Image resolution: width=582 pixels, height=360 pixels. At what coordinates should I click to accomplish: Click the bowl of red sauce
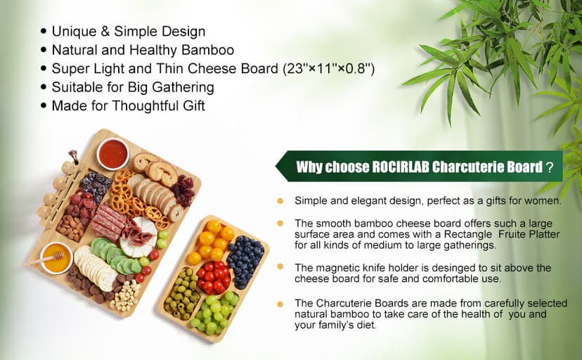point(113,153)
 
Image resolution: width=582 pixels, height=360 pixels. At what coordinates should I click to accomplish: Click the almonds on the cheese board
point(70,227)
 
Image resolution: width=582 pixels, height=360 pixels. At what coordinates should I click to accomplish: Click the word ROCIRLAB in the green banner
point(394,167)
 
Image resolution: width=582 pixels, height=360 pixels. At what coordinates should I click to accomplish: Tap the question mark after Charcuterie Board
point(550,167)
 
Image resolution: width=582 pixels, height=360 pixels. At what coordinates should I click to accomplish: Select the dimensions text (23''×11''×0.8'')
point(328,69)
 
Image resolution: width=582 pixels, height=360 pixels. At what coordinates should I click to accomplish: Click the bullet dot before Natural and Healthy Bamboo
point(44,51)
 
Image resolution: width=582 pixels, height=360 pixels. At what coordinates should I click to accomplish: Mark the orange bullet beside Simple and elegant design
point(280,201)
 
